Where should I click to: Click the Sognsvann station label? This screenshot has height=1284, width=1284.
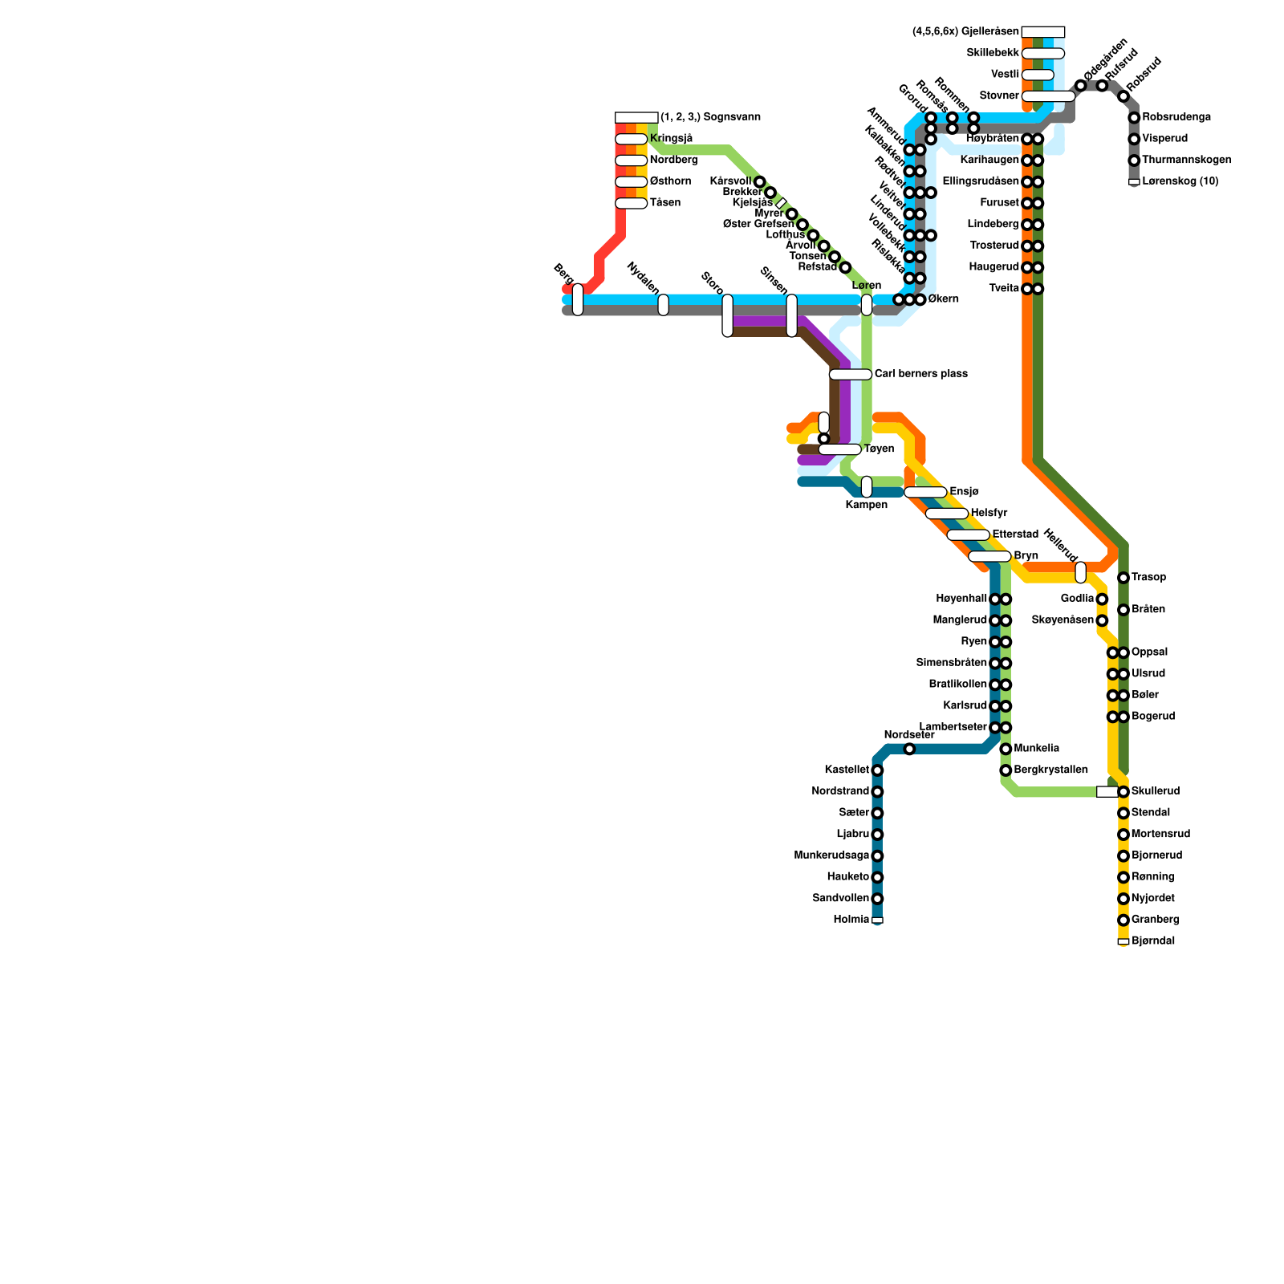(x=710, y=117)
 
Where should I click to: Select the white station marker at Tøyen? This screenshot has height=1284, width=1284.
(x=839, y=449)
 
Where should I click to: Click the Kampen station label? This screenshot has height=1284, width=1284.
(x=867, y=506)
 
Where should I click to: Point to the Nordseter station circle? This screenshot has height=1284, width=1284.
(x=909, y=750)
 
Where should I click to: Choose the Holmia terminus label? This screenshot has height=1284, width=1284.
(x=851, y=920)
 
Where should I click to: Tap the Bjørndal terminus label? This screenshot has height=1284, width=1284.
(x=1153, y=941)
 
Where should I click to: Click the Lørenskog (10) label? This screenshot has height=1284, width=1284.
(x=1180, y=181)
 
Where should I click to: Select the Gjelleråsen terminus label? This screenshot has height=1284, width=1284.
(x=966, y=32)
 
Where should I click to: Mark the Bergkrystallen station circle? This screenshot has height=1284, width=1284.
(x=1006, y=770)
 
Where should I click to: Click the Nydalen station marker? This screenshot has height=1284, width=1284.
(x=663, y=305)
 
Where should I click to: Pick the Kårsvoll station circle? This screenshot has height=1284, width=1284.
(x=759, y=182)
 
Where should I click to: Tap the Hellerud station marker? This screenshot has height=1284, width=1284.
(x=1080, y=572)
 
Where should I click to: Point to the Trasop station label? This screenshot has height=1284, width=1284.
(x=1148, y=578)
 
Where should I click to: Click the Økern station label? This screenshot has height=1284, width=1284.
(x=943, y=299)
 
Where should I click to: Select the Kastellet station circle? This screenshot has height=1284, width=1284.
(x=877, y=770)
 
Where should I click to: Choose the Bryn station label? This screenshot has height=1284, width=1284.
(x=1026, y=555)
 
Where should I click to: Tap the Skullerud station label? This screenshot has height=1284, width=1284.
(x=1155, y=791)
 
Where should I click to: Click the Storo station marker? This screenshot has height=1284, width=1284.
(x=727, y=315)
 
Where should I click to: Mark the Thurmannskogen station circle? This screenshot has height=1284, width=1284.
(x=1134, y=160)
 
